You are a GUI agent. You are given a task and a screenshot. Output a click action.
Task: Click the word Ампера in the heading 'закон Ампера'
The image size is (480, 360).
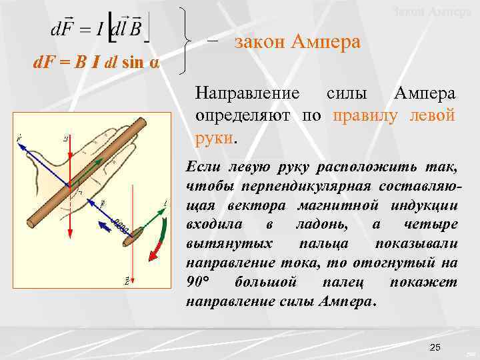pos(325,43)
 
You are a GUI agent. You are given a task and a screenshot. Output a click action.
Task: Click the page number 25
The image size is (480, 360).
pos(435,347)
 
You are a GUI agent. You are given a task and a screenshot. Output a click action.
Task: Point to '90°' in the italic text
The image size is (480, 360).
pos(199,283)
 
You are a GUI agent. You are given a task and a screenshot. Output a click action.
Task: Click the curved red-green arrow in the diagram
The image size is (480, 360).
pos(157,238)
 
